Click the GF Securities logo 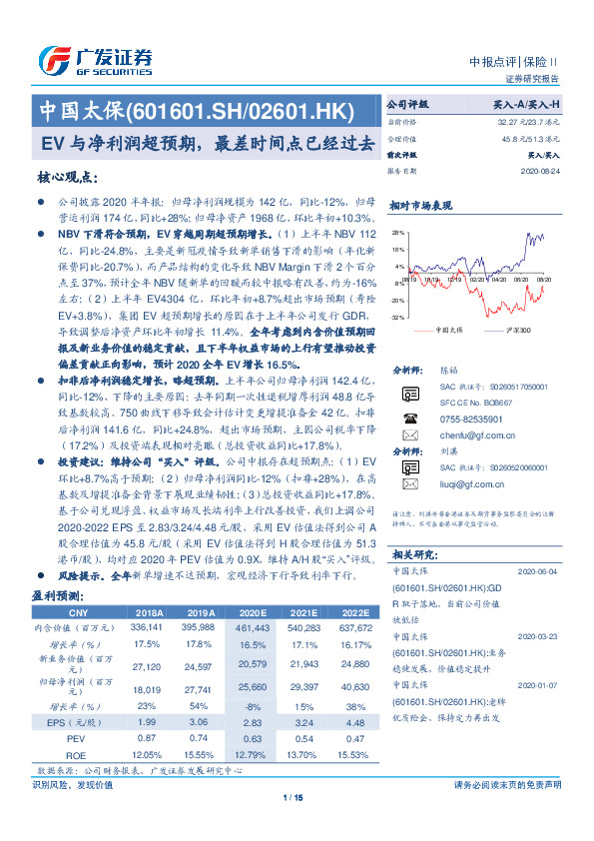tap(94, 61)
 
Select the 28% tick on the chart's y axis tap(399, 231)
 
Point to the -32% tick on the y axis tap(398, 316)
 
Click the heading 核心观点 tap(67, 177)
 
